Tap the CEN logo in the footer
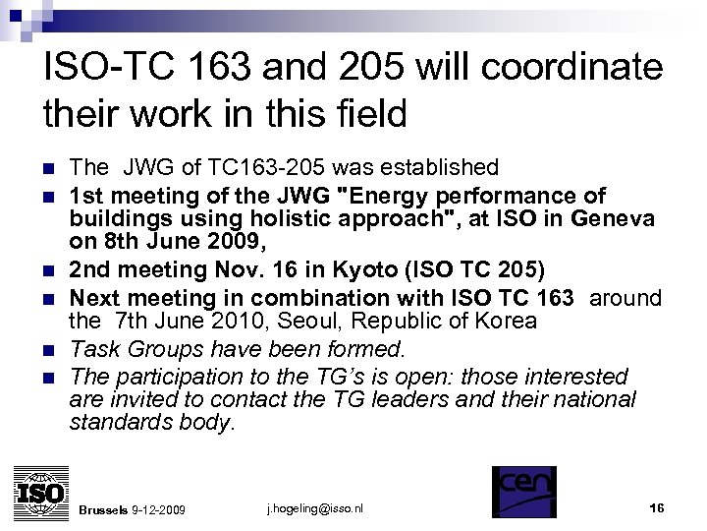point(523,491)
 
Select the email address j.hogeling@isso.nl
point(314,508)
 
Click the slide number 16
point(657,507)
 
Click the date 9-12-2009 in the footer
point(161,509)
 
